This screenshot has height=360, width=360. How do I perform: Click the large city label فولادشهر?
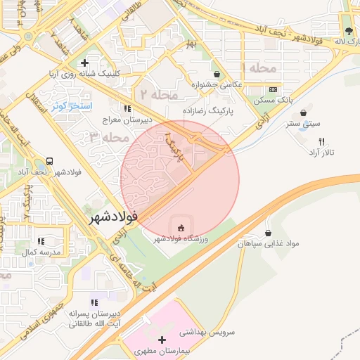112,219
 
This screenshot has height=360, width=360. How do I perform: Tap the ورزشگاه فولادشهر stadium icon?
181,227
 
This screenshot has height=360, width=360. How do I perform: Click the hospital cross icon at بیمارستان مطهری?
162,340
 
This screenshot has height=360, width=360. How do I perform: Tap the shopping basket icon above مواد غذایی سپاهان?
268,233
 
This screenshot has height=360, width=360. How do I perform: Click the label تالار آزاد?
322,153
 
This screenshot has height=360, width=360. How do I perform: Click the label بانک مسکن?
274,101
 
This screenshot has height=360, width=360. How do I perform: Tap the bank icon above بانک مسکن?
273,90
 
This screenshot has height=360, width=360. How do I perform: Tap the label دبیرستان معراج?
127,120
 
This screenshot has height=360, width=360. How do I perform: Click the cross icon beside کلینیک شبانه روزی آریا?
84,63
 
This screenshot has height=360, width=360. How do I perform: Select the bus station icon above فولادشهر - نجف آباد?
50,160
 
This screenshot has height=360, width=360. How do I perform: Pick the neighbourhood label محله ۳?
110,137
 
